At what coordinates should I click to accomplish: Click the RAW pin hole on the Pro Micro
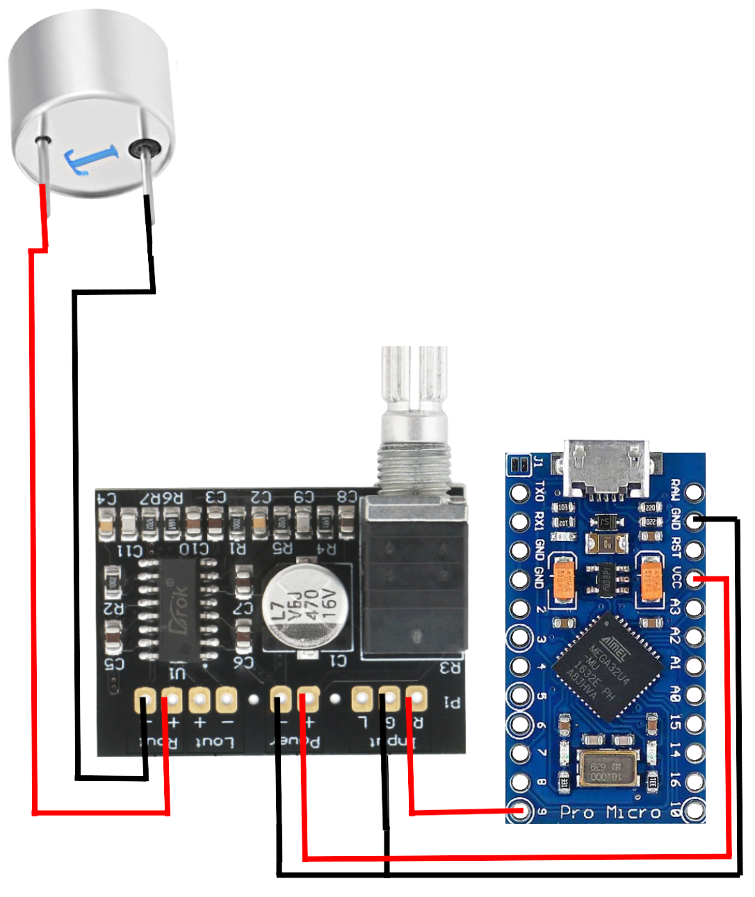[694, 492]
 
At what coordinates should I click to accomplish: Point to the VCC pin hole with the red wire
[694, 579]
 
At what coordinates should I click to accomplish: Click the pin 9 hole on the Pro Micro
[519, 811]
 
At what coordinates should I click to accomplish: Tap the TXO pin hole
[519, 492]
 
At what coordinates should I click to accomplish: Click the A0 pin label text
[675, 694]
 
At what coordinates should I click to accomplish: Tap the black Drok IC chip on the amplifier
[178, 608]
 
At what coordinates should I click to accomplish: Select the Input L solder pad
[362, 699]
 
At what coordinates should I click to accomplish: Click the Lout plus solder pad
[200, 700]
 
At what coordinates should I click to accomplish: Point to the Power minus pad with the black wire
[279, 699]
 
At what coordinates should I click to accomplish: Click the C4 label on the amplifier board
[106, 498]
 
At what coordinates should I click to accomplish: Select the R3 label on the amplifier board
[450, 668]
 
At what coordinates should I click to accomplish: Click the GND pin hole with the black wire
[694, 521]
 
